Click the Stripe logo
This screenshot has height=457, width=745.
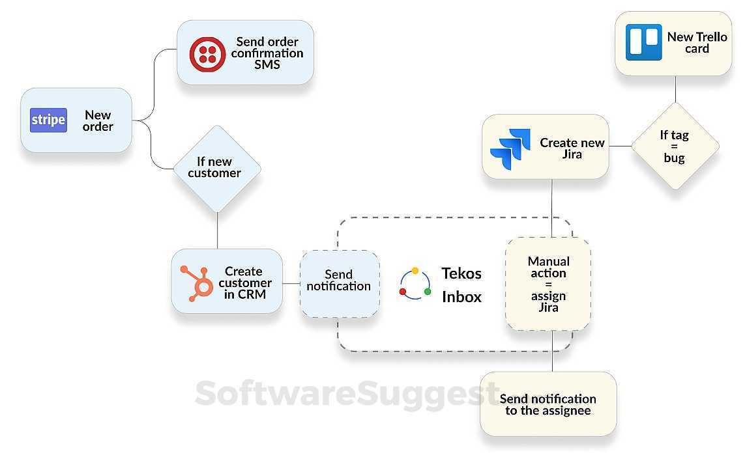tap(48, 120)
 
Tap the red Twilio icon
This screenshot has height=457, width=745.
tap(207, 53)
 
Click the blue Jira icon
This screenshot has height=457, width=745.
tap(510, 148)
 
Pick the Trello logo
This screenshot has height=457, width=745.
tap(643, 42)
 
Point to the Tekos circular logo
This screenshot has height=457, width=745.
tap(415, 284)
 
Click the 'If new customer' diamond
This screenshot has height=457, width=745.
tap(216, 168)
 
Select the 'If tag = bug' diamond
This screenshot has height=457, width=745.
tap(675, 146)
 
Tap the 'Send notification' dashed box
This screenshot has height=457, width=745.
tap(339, 284)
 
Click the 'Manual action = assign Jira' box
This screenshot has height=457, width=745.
tap(548, 284)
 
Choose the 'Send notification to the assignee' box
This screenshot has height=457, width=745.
tap(548, 404)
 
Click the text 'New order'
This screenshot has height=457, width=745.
tap(98, 121)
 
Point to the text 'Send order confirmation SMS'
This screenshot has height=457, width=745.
tap(267, 53)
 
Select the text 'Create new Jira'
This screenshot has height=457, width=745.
tap(572, 148)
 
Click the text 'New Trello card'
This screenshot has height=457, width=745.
tap(697, 42)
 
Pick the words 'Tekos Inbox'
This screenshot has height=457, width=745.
tap(461, 284)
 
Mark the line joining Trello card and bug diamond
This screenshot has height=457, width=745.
tap(675, 89)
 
